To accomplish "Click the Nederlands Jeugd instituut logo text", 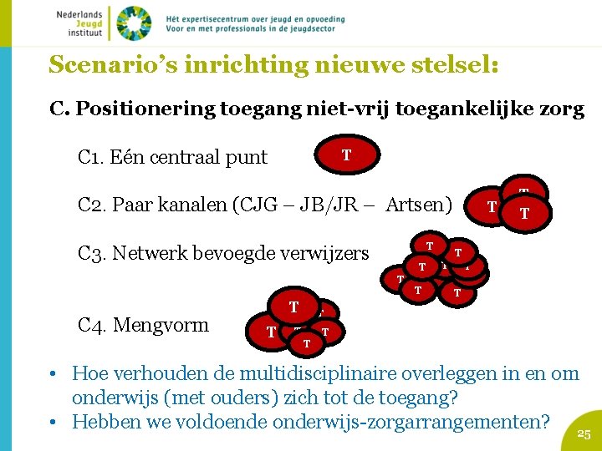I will (x=79, y=23).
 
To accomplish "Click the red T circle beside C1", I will (x=346, y=155).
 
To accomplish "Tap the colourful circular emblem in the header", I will (x=133, y=23).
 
